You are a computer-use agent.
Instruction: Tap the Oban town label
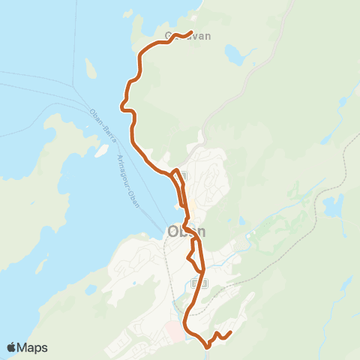pyautogui.click(x=185, y=232)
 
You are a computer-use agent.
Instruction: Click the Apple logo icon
pyautogui.click(x=13, y=347)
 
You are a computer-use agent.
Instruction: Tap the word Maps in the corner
pyautogui.click(x=33, y=347)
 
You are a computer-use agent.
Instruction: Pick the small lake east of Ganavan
pyautogui.click(x=234, y=54)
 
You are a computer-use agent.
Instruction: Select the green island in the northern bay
pyautogui.click(x=91, y=70)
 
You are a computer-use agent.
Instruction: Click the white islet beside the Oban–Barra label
pyautogui.click(x=100, y=151)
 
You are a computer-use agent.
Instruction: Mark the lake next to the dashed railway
pyautogui.click(x=332, y=204)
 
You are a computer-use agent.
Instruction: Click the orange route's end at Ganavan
pyautogui.click(x=192, y=32)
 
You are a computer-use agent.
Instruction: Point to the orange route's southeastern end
pyautogui.click(x=230, y=332)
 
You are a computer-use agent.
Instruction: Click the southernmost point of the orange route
pyautogui.click(x=206, y=346)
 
